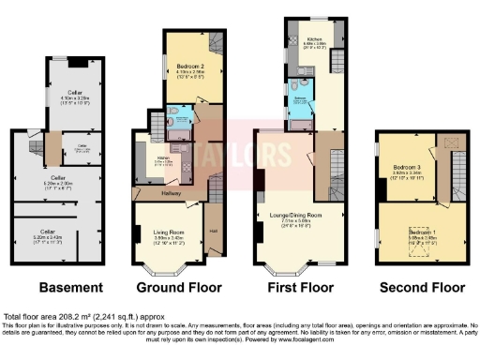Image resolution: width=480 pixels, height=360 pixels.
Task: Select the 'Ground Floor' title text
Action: tap(172, 287)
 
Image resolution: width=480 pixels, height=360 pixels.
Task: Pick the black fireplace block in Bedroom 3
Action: tap(380, 188)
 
